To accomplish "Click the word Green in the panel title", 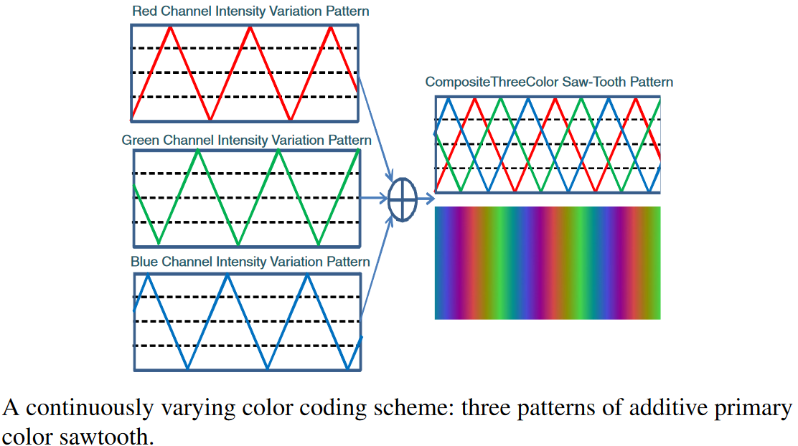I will (x=141, y=140).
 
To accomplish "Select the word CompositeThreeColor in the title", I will (x=486, y=82).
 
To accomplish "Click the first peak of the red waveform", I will (x=170, y=27).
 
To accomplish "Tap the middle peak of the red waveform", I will (x=250, y=27).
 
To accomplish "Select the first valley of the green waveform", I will (x=159, y=242).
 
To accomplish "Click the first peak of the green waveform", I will (x=197, y=151).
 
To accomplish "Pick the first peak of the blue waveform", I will (x=146, y=275).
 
